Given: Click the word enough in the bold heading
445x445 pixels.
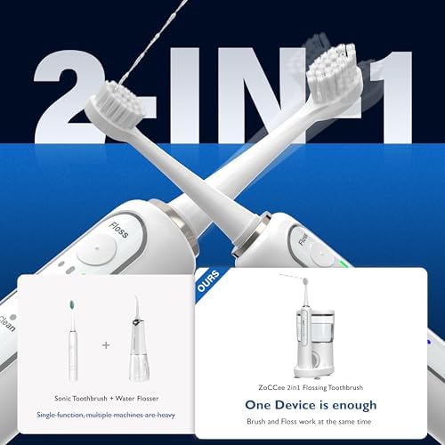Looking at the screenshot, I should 364,406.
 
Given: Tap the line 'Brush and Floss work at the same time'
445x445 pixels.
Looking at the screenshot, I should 317,422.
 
